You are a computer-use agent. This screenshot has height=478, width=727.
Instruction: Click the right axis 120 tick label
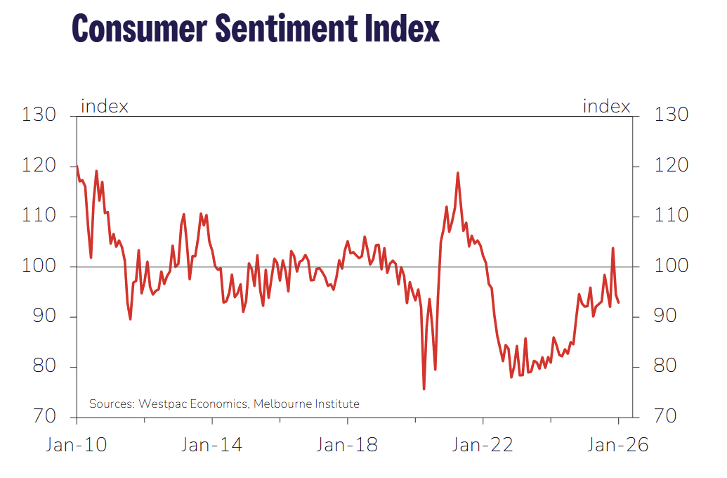[x=671, y=166]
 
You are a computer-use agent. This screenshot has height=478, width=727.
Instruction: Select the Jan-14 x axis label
[x=212, y=445]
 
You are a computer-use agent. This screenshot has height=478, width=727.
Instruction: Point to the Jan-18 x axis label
[x=348, y=445]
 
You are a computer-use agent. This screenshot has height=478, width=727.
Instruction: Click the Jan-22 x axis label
[x=483, y=445]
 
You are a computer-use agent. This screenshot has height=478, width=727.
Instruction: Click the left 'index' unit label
[x=105, y=107]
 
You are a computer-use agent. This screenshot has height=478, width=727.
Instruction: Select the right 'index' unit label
[x=607, y=107]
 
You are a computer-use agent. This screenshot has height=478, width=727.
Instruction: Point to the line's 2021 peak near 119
[x=458, y=173]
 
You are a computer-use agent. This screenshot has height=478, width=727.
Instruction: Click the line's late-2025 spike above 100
[x=613, y=248]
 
